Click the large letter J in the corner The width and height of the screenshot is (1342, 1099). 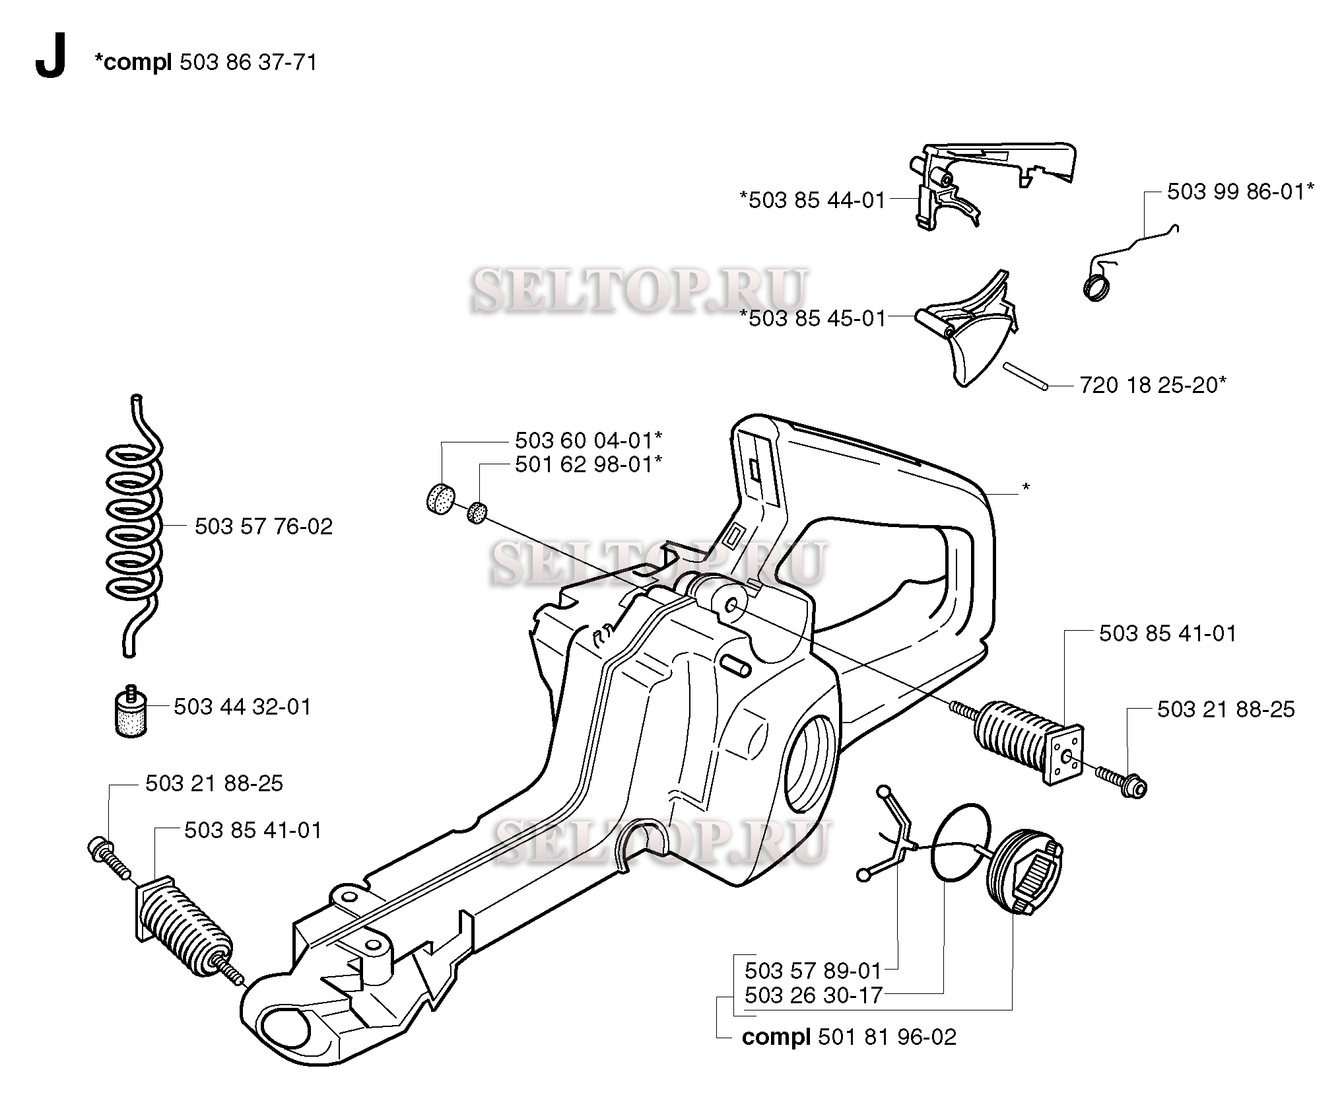tap(51, 57)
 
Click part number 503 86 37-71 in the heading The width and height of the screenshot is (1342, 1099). tap(248, 62)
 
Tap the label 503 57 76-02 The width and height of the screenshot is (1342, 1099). tap(264, 526)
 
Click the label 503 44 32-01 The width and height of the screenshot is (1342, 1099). tap(242, 707)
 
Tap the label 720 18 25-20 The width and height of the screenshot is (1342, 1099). tap(1153, 384)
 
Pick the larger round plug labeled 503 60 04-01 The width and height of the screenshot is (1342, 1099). tap(442, 497)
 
